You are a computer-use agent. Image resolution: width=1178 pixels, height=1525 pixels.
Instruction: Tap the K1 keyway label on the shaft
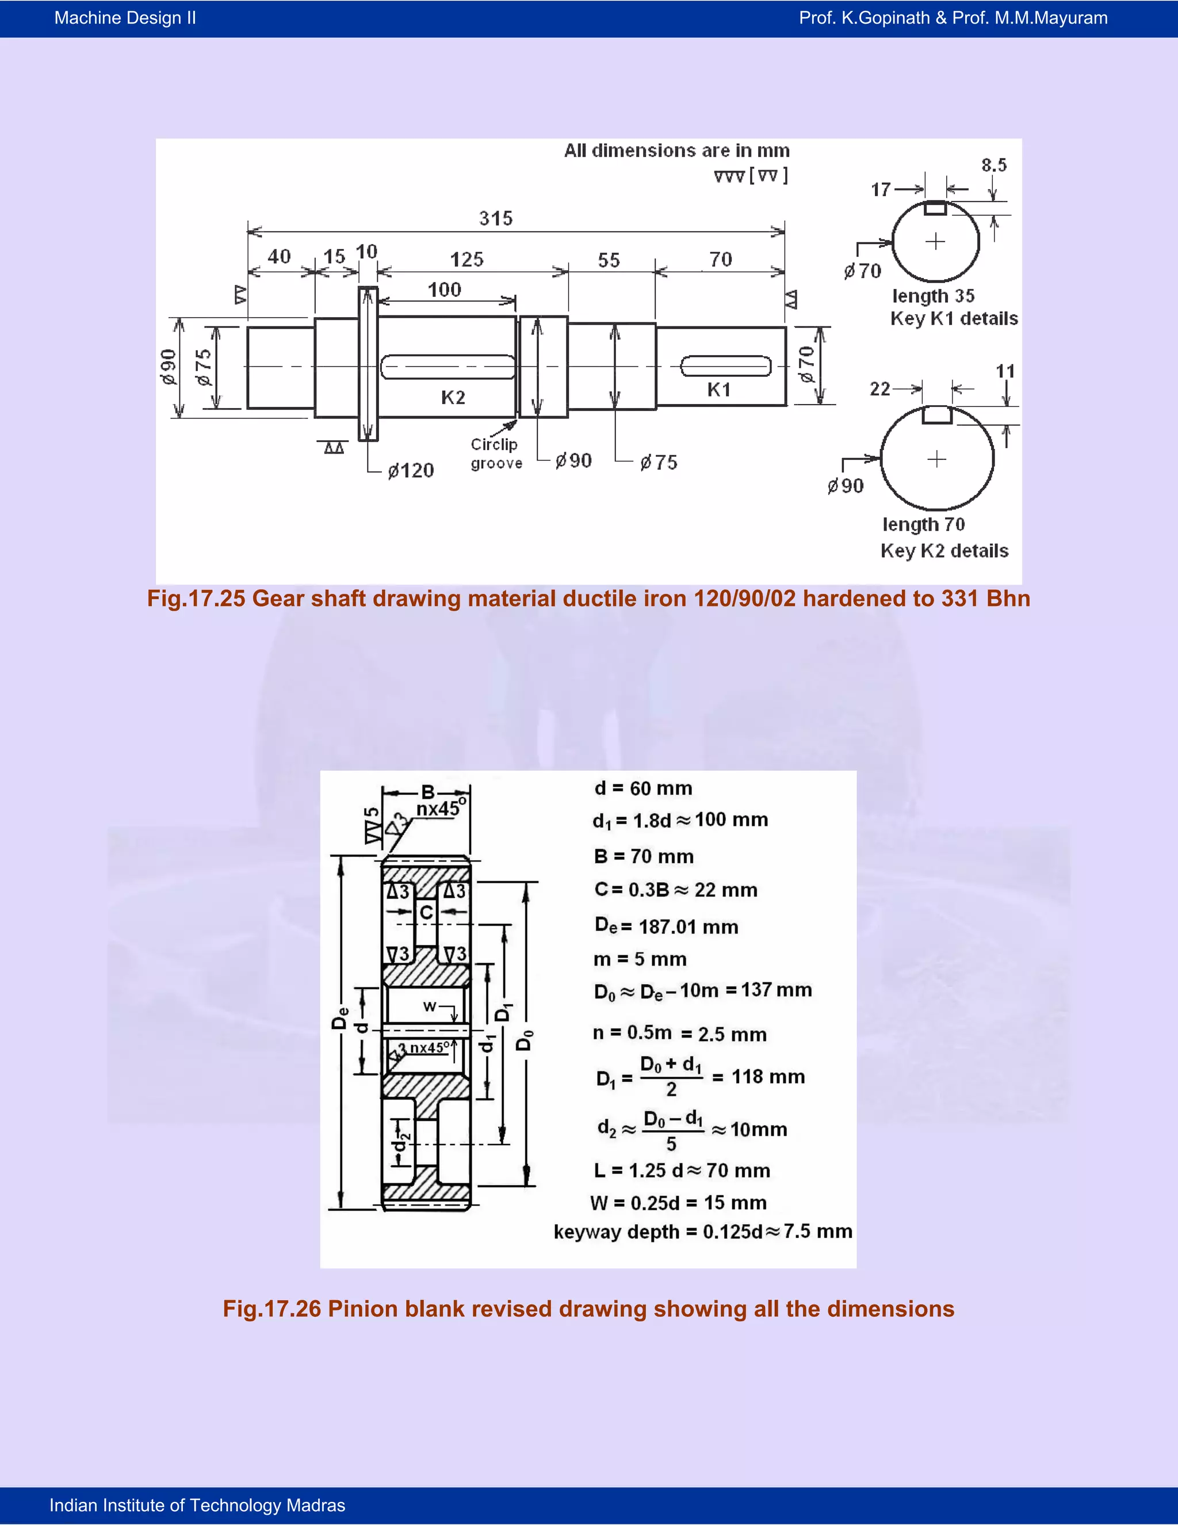coord(719,390)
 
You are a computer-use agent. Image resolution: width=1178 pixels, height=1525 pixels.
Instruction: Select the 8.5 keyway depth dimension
coord(994,166)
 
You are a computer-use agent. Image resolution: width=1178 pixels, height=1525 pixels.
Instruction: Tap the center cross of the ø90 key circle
coord(936,459)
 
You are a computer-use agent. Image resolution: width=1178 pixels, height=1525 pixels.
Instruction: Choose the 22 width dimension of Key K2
coord(879,389)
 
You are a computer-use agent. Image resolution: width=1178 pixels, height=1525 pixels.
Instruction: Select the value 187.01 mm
coord(688,927)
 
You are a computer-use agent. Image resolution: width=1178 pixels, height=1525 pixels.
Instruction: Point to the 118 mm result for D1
coord(768,1077)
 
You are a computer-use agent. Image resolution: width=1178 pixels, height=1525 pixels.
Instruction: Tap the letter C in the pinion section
coord(426,912)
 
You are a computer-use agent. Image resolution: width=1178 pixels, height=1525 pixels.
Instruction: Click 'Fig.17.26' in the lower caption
coord(272,1309)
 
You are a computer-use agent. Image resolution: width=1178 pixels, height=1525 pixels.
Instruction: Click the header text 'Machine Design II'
coord(125,18)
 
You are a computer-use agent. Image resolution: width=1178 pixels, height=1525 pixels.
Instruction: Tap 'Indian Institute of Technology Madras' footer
coord(197,1505)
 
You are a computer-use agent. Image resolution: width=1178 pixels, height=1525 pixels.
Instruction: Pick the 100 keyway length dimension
coord(445,290)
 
